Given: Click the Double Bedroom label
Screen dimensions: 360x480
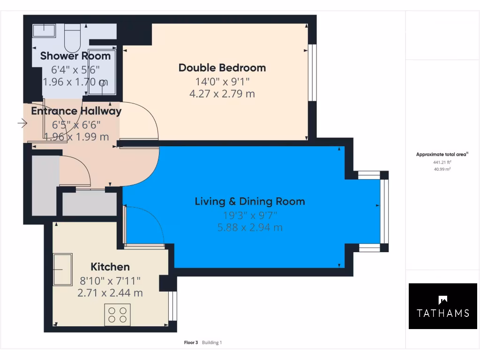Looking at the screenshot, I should point(222,67).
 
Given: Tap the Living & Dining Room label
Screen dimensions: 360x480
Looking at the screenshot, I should point(250,202).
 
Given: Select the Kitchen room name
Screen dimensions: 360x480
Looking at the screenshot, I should point(110,267).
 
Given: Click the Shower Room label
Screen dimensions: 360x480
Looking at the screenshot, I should point(75,56).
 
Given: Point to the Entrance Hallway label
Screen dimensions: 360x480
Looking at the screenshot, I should point(76,111).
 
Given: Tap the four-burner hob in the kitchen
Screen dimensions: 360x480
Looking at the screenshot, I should point(117,314).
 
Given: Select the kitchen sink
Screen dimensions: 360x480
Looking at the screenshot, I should point(62,270).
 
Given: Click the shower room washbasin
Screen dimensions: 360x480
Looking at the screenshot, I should point(44,30).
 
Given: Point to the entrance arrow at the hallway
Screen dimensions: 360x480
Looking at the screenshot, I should point(22,123).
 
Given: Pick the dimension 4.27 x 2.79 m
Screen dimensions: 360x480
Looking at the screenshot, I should point(222,94).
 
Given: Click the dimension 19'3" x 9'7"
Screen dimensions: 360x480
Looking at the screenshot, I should point(250,216).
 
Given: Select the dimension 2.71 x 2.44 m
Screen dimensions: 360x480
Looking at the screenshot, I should point(110,293).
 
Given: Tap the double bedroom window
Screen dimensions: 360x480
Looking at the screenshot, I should point(311,73).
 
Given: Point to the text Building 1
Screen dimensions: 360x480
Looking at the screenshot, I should point(212,343).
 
